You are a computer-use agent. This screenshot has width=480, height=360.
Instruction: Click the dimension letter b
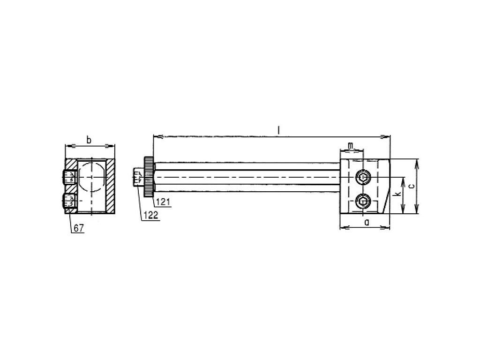click(x=89, y=140)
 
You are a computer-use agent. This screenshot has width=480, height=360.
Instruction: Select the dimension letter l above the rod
click(x=278, y=131)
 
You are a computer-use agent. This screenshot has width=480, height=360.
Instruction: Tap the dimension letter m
click(x=351, y=146)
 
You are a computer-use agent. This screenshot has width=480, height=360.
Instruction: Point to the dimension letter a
click(x=367, y=222)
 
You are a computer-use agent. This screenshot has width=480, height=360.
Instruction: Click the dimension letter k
click(x=397, y=194)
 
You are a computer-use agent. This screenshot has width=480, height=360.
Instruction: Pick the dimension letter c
click(x=412, y=186)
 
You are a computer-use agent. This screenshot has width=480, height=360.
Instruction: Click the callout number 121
click(x=163, y=202)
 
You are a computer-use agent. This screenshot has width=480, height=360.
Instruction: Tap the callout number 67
click(x=78, y=228)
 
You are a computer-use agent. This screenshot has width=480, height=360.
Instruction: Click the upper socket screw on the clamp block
click(x=363, y=177)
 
